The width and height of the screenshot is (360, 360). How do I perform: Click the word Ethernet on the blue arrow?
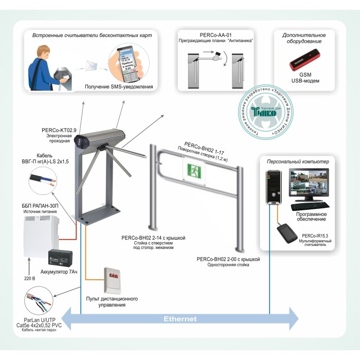180,319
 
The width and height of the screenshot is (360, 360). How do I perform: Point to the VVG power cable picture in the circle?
42,178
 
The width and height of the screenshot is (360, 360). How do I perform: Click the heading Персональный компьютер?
295,162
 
